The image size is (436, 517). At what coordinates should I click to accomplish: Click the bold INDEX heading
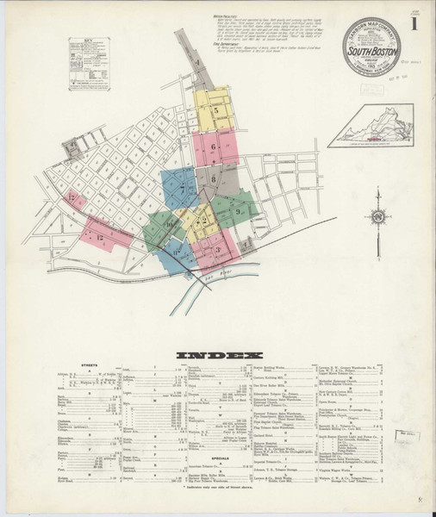(x=218, y=355)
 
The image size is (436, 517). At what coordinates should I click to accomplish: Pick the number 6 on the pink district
(x=212, y=148)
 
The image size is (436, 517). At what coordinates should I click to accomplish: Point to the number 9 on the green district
(x=236, y=209)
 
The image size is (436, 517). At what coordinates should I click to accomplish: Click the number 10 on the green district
(x=170, y=224)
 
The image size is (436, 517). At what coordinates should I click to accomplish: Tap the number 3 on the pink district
(x=219, y=250)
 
